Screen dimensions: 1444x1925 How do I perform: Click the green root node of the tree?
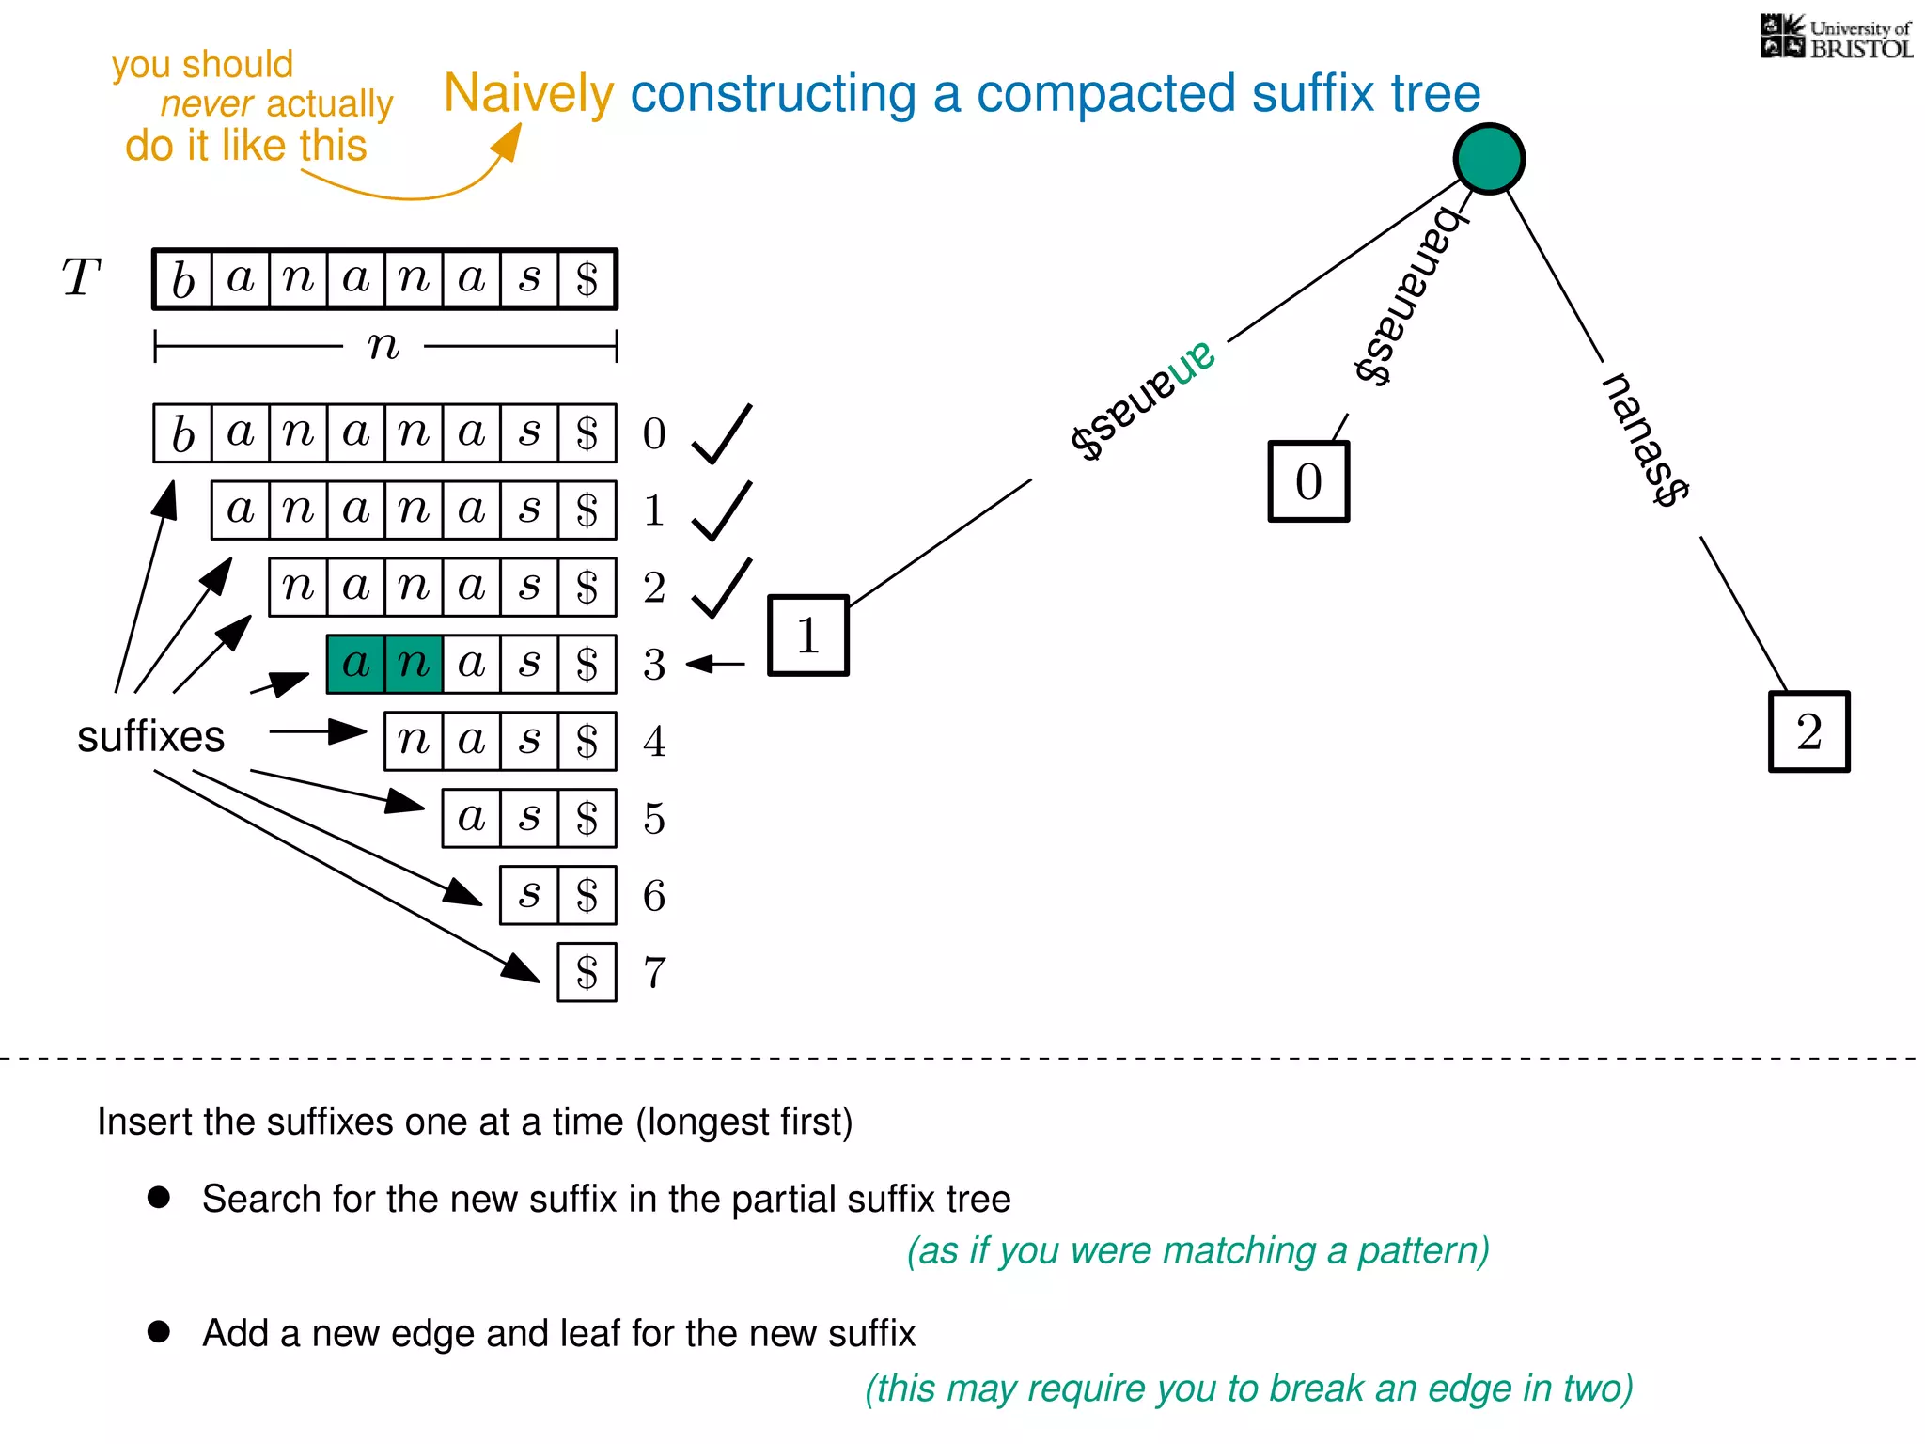tap(1489, 159)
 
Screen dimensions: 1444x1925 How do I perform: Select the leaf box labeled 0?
tap(1308, 481)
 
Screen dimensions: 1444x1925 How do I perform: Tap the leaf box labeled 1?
tap(808, 636)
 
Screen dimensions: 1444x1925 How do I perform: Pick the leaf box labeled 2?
tap(1808, 732)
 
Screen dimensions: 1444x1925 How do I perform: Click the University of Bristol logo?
tap(1836, 38)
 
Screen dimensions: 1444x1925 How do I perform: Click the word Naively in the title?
tap(528, 94)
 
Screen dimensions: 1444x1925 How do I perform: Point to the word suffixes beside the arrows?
tap(150, 736)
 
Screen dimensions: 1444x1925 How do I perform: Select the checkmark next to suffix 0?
tap(721, 434)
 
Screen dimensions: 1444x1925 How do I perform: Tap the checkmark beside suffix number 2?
tap(721, 589)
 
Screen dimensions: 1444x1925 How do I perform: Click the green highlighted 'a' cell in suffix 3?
tap(356, 665)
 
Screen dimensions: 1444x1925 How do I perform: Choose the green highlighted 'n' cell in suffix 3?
tap(414, 665)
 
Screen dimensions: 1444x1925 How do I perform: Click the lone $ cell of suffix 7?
tap(587, 973)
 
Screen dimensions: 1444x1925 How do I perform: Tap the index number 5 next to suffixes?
tap(654, 819)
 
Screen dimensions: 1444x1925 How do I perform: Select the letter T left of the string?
tap(81, 278)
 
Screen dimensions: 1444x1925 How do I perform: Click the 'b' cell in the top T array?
tap(183, 279)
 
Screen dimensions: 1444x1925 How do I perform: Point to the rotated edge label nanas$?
tap(1645, 439)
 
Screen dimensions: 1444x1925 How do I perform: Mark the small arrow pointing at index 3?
tap(715, 665)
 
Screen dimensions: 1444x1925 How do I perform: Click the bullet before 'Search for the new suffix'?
tap(159, 1197)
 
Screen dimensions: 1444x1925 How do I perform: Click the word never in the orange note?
tap(207, 104)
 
